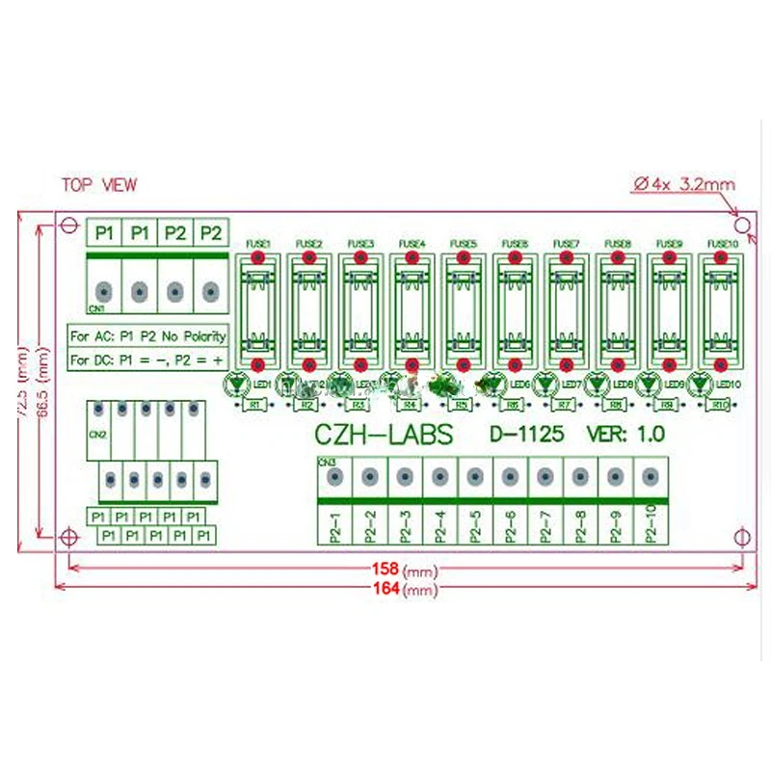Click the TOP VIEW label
[x=99, y=185]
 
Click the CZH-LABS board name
[x=384, y=435]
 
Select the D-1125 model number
[x=527, y=436]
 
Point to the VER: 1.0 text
[x=625, y=436]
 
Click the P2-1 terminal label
[x=334, y=524]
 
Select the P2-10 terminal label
[x=651, y=524]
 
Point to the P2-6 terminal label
[x=510, y=524]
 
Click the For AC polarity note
[x=149, y=336]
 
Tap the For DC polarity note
[x=149, y=359]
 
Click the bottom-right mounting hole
[x=740, y=536]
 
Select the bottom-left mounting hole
[x=67, y=536]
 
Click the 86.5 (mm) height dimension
[x=42, y=381]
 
